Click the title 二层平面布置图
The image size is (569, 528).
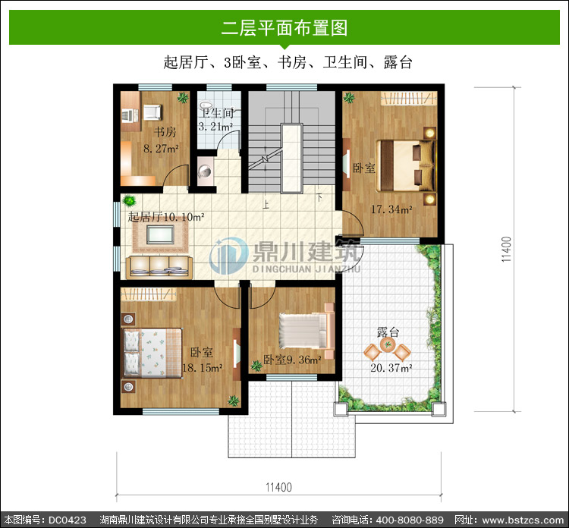click(x=284, y=28)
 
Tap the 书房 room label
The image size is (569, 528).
click(x=165, y=131)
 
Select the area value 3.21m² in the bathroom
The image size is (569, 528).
click(x=215, y=127)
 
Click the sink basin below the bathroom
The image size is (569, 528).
click(x=206, y=171)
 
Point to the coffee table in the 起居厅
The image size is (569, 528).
click(x=160, y=234)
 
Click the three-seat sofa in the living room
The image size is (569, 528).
click(x=159, y=268)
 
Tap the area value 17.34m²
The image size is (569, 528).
click(x=391, y=209)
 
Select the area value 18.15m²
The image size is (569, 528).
click(x=202, y=368)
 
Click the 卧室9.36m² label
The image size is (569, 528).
click(x=292, y=360)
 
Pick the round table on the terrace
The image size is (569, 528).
click(x=388, y=344)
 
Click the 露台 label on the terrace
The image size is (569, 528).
click(x=388, y=332)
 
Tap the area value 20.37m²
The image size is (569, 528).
click(x=391, y=368)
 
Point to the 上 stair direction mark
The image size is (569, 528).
click(x=266, y=205)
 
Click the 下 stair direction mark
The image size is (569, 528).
click(x=319, y=198)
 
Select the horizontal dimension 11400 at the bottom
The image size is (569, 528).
click(x=278, y=487)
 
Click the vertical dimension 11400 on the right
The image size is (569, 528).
click(x=507, y=249)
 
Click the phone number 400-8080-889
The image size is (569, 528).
click(x=410, y=520)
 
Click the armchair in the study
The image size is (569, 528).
click(x=152, y=112)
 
